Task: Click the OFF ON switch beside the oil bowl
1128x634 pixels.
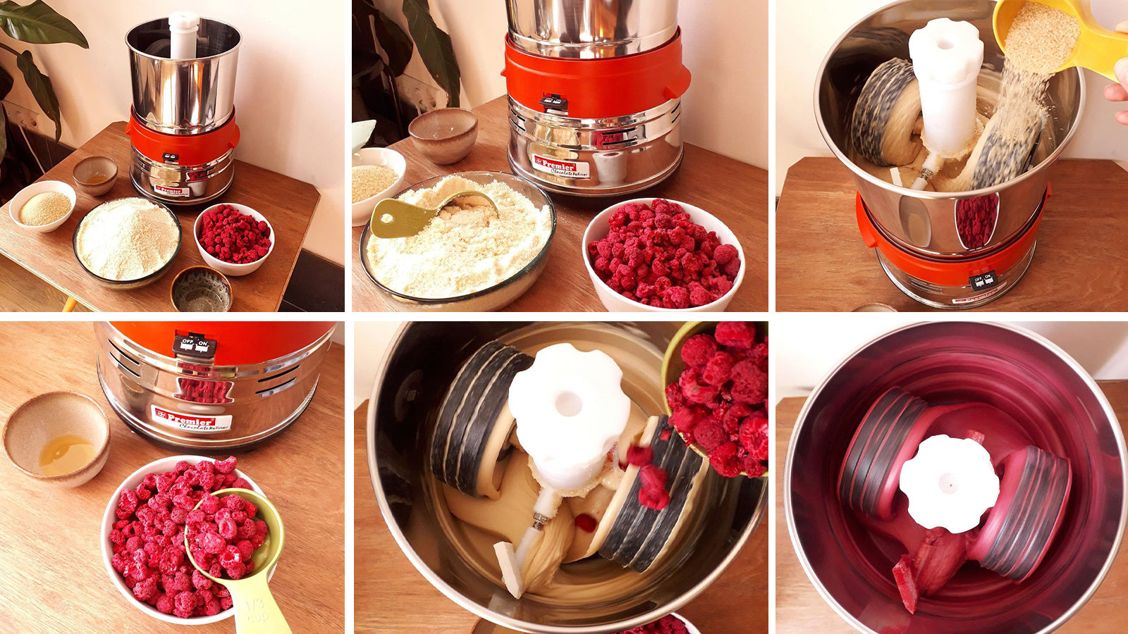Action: pyautogui.click(x=194, y=345)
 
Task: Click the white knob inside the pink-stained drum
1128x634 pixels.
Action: pyautogui.click(x=948, y=483)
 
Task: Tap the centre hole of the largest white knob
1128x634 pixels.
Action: pyautogui.click(x=568, y=404)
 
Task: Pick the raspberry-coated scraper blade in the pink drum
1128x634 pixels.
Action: pyautogui.click(x=906, y=581)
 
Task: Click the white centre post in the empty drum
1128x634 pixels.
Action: pyautogui.click(x=183, y=35)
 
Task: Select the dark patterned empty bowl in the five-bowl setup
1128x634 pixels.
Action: pyautogui.click(x=201, y=288)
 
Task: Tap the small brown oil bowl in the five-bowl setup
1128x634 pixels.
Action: pyautogui.click(x=95, y=175)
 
